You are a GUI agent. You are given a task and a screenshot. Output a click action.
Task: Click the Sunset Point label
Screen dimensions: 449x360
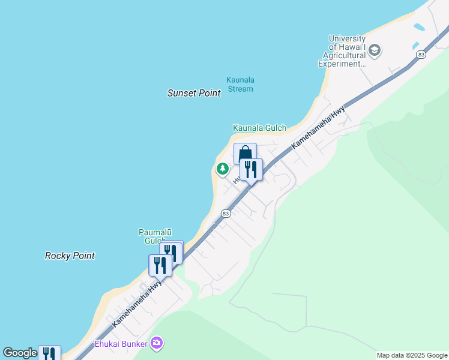coord(194,93)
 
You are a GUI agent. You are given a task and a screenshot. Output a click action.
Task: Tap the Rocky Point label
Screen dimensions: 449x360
coord(70,256)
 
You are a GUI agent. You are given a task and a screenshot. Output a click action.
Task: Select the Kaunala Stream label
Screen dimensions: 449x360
coord(240,84)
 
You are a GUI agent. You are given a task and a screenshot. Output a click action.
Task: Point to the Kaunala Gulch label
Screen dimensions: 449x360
coord(259,128)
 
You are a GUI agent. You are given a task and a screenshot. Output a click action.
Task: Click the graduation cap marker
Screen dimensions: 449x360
coord(375,49)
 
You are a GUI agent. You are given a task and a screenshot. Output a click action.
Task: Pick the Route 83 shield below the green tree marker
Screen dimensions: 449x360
coord(226,213)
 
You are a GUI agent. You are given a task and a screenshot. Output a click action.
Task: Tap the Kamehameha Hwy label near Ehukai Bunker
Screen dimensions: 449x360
coord(137,302)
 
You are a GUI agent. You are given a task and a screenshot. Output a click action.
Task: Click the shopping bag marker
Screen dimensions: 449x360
coord(245,154)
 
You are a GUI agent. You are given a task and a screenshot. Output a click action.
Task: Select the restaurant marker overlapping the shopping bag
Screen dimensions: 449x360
coord(252,170)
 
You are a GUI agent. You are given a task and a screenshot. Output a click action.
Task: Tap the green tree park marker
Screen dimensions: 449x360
coord(223,169)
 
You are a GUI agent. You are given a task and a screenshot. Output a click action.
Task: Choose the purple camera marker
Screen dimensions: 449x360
coord(157,343)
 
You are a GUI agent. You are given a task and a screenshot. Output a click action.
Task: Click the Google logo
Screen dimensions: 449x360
coord(19,353)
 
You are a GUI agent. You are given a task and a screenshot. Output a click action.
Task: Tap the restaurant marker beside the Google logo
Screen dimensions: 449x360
coord(49,353)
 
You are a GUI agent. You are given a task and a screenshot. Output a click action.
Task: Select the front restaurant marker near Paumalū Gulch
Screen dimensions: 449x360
coord(160,265)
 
